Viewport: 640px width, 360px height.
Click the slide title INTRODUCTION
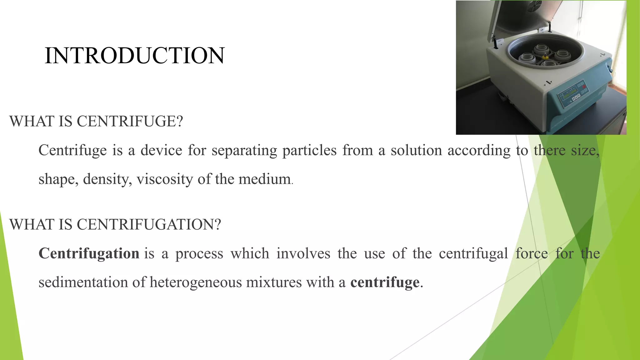point(134,56)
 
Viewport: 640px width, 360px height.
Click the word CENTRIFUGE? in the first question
point(130,121)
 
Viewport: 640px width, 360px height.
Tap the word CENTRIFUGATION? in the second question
point(149,224)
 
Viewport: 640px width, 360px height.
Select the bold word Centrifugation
point(89,253)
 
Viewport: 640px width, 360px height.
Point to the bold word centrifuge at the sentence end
point(385,282)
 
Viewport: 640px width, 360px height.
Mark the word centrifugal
point(473,253)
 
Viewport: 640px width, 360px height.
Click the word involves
point(303,253)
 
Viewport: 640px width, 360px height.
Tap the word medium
point(264,179)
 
